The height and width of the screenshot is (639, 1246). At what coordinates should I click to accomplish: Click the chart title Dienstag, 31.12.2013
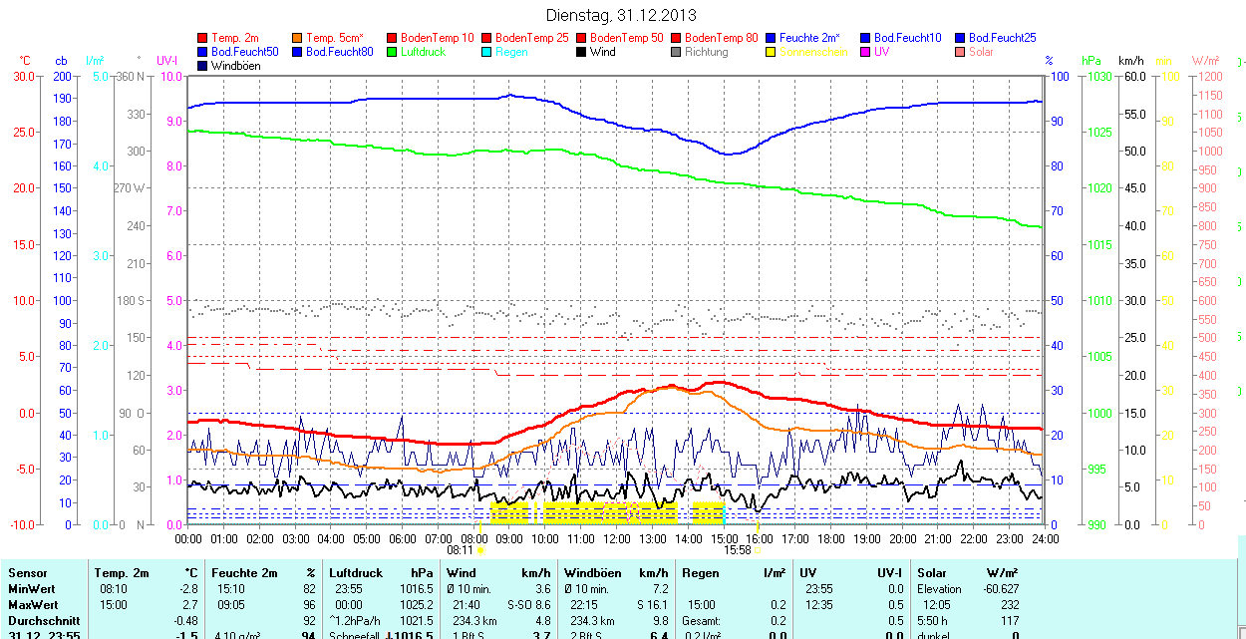[x=621, y=15]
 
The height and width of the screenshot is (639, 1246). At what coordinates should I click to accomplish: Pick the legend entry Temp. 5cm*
[x=334, y=38]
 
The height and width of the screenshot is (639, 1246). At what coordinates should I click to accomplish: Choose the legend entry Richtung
[x=706, y=52]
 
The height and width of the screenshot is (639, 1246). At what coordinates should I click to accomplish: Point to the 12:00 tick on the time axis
[x=617, y=538]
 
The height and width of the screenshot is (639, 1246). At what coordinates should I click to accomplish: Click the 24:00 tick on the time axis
[x=1045, y=538]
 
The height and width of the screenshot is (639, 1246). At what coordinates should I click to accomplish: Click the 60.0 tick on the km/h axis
[x=1133, y=77]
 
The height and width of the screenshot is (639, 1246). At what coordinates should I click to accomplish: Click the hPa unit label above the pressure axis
[x=1091, y=61]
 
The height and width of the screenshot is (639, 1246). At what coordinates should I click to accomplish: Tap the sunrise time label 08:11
[x=460, y=549]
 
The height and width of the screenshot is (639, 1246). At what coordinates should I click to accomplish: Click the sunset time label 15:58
[x=737, y=549]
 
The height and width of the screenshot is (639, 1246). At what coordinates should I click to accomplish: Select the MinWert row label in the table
[x=32, y=589]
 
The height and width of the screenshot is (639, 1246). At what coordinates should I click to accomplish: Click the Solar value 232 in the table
[x=1010, y=605]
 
